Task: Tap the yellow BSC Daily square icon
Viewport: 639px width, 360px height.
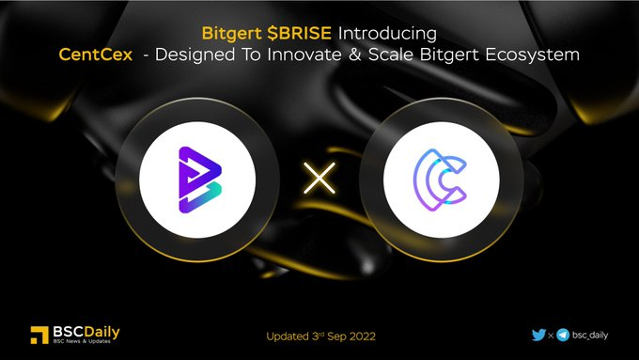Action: coord(39,335)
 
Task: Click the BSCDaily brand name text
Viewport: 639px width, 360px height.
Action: coord(87,331)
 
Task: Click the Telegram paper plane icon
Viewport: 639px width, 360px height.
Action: coord(563,334)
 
